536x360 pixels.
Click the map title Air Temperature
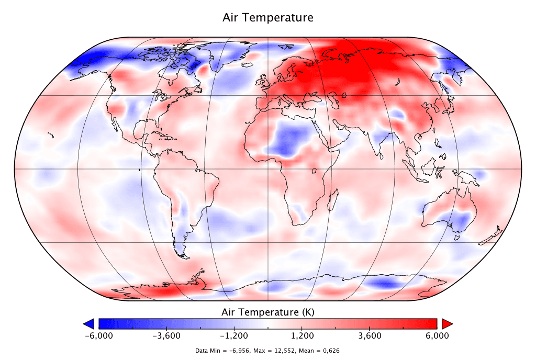click(x=268, y=17)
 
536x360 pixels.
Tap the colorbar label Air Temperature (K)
click(x=268, y=312)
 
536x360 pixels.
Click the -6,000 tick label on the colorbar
click(x=99, y=335)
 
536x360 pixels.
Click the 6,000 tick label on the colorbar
click(x=437, y=335)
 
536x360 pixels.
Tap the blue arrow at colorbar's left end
click(x=89, y=323)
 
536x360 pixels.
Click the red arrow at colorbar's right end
click(x=446, y=323)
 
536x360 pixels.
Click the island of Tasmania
click(x=457, y=238)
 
